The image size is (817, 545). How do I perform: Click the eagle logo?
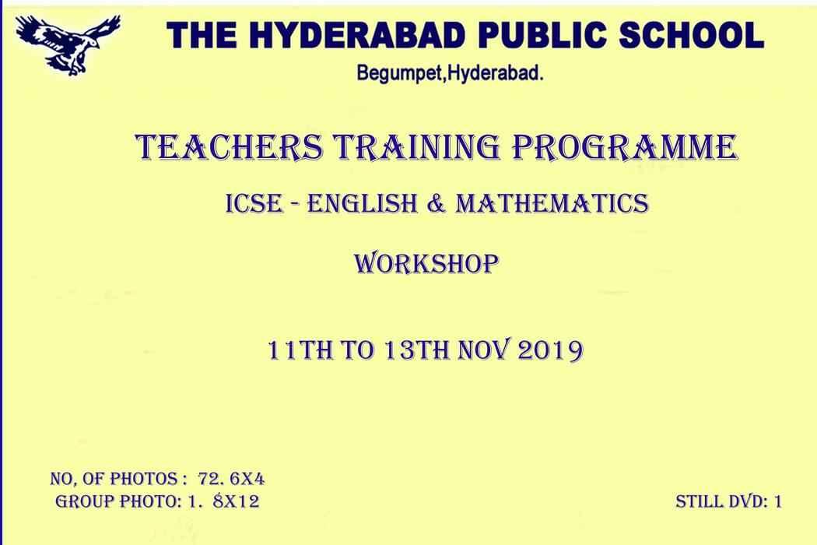(x=68, y=45)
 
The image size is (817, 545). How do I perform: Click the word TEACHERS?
(x=230, y=148)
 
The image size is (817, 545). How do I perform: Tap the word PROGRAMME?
(x=624, y=148)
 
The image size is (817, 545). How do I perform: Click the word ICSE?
(x=254, y=203)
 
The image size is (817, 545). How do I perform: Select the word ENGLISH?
(x=362, y=203)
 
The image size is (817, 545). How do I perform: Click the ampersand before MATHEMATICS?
(x=437, y=203)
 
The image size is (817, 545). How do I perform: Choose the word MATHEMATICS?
(x=552, y=203)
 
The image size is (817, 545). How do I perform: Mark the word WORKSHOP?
(x=426, y=264)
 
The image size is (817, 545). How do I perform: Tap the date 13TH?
(x=416, y=350)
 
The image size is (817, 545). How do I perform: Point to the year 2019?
(x=550, y=350)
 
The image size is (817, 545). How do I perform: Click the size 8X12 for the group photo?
(x=236, y=501)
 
